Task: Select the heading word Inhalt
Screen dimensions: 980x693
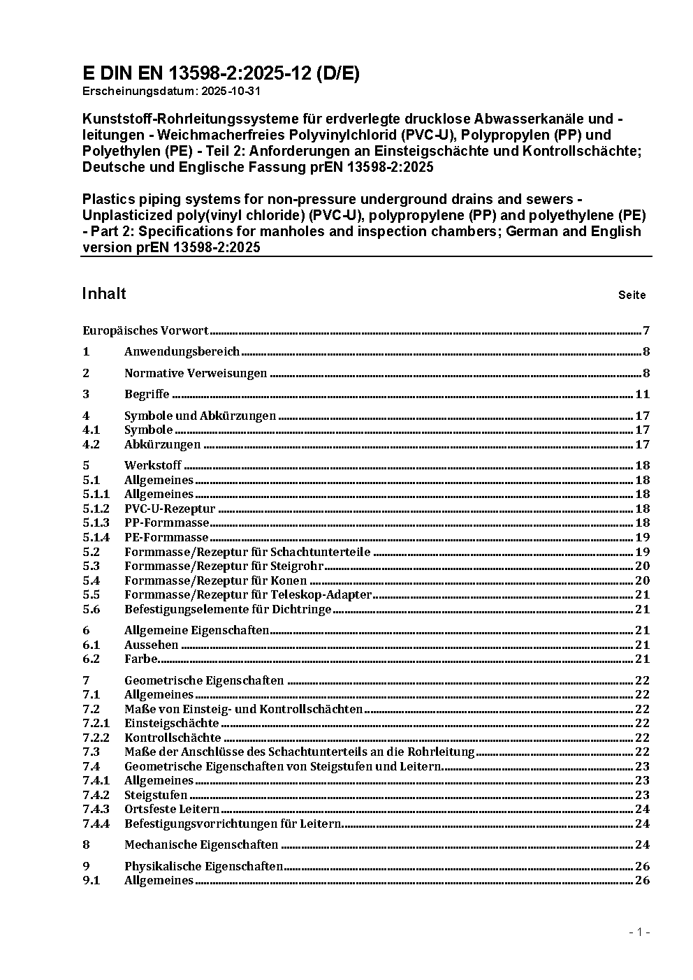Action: [x=104, y=293]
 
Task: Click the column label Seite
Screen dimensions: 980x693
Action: [x=632, y=295]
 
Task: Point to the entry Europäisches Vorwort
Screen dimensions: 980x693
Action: [x=145, y=330]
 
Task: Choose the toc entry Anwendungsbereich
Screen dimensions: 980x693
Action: [x=182, y=351]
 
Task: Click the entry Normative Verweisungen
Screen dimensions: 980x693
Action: [x=196, y=373]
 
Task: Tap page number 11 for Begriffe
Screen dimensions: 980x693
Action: [x=642, y=394]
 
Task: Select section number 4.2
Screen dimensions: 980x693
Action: [x=92, y=444]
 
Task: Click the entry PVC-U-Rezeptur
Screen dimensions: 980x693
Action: [x=170, y=509]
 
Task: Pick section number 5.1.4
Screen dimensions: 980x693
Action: [x=96, y=537]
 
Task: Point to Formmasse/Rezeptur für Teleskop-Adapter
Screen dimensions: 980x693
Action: [x=248, y=594]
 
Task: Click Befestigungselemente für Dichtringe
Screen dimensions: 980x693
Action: [x=228, y=609]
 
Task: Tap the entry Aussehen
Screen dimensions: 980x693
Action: [x=151, y=645]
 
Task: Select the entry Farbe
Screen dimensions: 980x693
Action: [x=141, y=659]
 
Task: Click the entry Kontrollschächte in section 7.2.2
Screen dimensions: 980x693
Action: [x=173, y=738]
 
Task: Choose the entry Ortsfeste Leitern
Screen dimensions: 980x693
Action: [x=172, y=809]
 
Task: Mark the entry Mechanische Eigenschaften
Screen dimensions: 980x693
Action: [x=201, y=844]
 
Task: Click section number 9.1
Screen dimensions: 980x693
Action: [x=92, y=880]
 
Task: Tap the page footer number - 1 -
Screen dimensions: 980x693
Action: [x=639, y=932]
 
